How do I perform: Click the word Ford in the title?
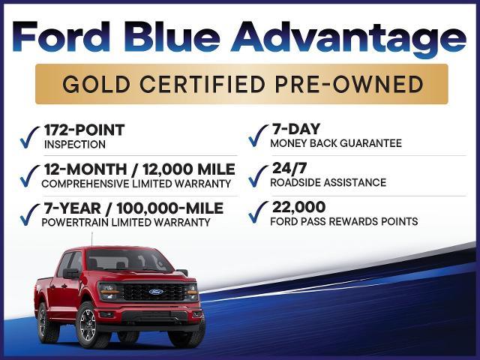[61, 37]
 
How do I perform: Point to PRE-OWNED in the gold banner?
[349, 84]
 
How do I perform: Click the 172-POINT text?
[85, 130]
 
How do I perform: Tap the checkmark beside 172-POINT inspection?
[30, 137]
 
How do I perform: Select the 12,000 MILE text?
[189, 169]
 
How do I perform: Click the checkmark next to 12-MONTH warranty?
[30, 176]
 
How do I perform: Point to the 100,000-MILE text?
[170, 208]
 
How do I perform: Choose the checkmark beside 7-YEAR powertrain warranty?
[30, 215]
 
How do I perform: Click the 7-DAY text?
[296, 129]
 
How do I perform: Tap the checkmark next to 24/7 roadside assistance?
[258, 176]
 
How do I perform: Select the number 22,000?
[298, 207]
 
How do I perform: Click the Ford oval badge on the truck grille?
[156, 292]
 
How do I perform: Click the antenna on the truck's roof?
[91, 240]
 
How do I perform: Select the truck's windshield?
[128, 261]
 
